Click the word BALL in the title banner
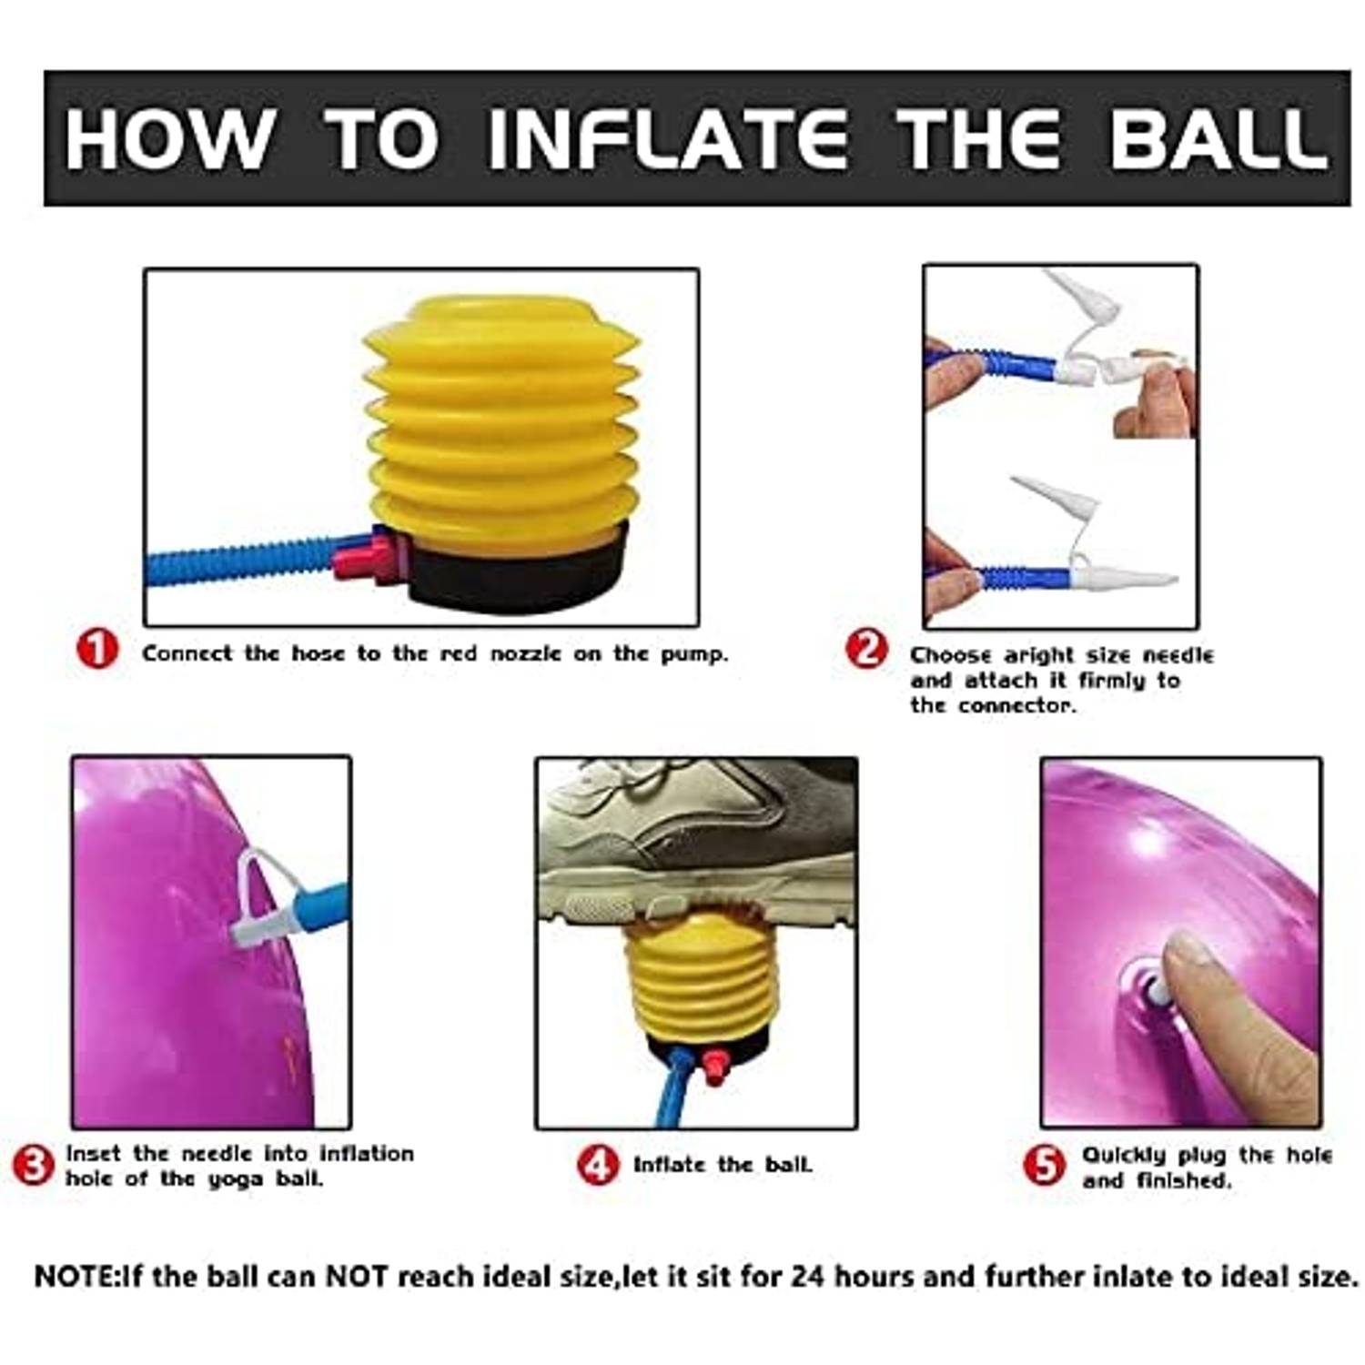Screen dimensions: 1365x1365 tap(1218, 139)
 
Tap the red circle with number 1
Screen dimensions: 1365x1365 tap(97, 650)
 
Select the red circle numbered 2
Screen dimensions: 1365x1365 tap(866, 650)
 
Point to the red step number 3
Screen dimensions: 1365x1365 tap(33, 1166)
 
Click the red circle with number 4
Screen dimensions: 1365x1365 tap(598, 1165)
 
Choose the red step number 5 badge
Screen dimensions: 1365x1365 tap(1045, 1166)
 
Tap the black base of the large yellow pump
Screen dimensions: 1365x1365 tap(519, 569)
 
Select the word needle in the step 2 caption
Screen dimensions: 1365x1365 tap(1178, 655)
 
